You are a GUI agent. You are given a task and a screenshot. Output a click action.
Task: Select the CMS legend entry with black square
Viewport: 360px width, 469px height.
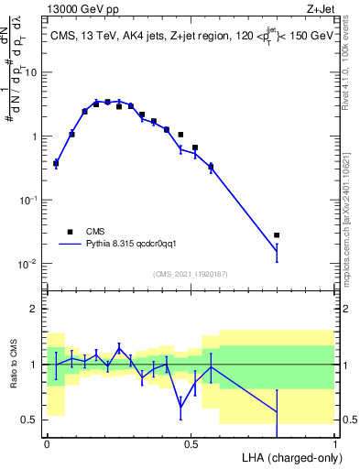69,231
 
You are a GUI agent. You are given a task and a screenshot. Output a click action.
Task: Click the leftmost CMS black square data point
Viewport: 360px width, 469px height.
56,164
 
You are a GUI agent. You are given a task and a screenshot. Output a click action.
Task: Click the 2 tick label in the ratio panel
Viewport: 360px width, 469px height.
36,309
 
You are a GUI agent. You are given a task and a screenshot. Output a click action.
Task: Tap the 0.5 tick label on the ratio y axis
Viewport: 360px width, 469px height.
31,420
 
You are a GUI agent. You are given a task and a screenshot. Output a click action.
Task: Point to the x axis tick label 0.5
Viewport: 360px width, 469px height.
191,443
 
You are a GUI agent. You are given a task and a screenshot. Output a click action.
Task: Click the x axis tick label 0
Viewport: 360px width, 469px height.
47,443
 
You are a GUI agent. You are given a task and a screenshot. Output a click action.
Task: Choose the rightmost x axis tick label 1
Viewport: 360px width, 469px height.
335,443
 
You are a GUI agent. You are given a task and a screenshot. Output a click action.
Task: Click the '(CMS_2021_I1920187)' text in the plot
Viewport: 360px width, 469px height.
191,274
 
